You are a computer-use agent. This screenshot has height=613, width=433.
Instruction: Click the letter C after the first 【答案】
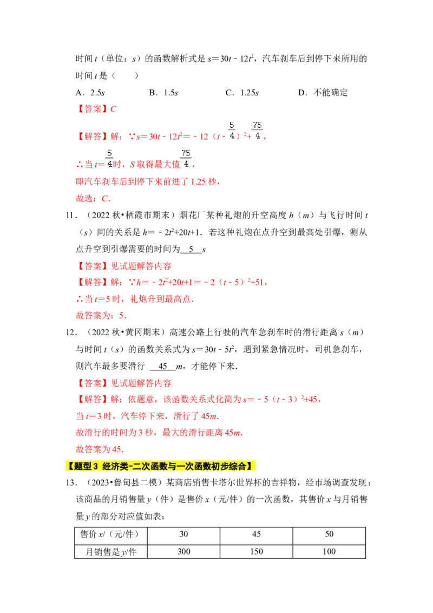click(x=114, y=109)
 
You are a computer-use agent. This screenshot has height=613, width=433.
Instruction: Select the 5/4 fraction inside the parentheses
click(x=232, y=131)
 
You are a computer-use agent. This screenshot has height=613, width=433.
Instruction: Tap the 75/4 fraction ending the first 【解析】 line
click(x=257, y=131)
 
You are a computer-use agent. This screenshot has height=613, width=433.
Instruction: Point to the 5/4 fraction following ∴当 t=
click(x=110, y=159)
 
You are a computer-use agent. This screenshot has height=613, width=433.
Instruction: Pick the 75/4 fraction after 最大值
click(x=186, y=159)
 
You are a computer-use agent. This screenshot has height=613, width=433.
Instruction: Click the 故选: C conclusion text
click(x=93, y=199)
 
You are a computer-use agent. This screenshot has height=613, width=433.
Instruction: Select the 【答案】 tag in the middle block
click(x=93, y=266)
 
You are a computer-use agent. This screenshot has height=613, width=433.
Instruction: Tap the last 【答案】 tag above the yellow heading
click(x=93, y=383)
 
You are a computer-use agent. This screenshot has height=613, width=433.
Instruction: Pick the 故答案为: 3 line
click(x=101, y=316)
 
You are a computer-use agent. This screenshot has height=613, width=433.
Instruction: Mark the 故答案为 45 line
click(x=100, y=449)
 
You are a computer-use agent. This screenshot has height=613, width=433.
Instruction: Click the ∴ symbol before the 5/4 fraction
click(x=77, y=164)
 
